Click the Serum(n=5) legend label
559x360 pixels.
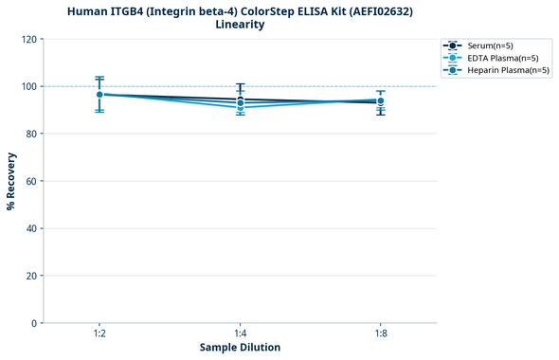point(490,45)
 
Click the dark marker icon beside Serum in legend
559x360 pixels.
point(454,45)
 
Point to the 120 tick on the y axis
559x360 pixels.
point(30,39)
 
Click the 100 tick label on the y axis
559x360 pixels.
point(30,86)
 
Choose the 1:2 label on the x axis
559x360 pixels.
point(99,333)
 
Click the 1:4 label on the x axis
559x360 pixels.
point(240,333)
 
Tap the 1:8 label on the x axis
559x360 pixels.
point(380,333)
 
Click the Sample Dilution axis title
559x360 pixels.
point(240,348)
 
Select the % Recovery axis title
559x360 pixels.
point(11,180)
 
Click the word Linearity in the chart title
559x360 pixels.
point(240,25)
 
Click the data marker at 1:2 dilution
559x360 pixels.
point(99,95)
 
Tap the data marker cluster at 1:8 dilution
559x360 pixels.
point(380,101)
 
